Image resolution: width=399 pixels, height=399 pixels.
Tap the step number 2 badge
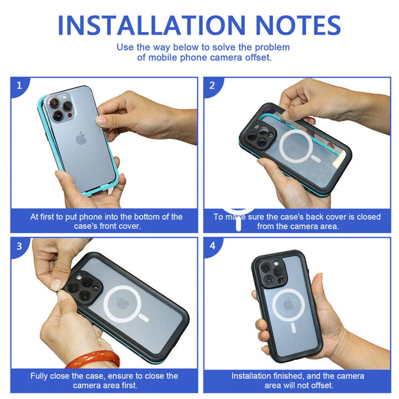[212, 85]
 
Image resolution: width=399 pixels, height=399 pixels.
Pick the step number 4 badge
[212, 245]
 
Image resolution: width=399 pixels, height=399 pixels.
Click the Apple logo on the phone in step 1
[81, 139]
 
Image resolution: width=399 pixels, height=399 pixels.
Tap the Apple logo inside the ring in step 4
[288, 304]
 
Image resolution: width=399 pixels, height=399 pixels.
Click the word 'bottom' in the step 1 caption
[139, 217]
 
